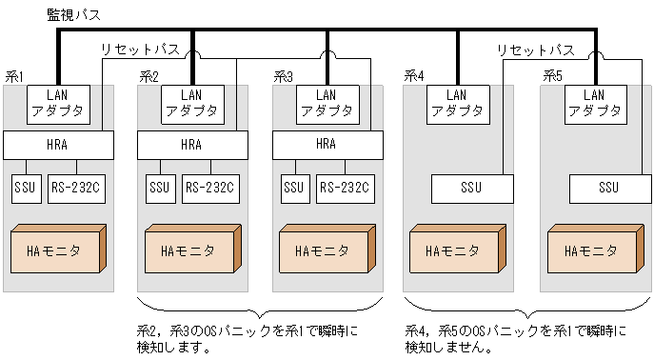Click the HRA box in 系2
[191, 145]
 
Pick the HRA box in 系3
[326, 145]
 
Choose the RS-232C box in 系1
[75, 188]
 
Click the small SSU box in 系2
[158, 188]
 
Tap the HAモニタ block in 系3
[325, 250]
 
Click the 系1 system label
[14, 75]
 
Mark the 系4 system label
[414, 75]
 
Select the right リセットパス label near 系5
[535, 49]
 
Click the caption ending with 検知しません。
[515, 339]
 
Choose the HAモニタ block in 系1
[55, 250]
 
